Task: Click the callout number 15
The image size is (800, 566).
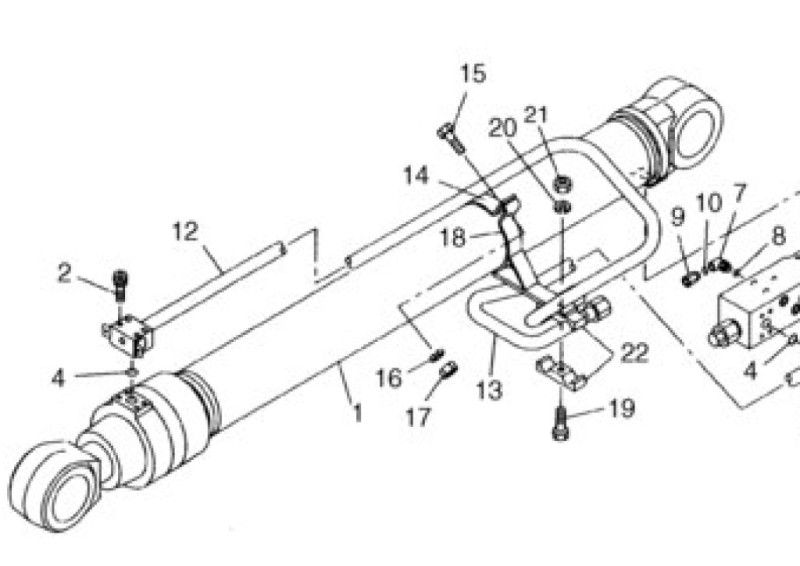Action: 473,73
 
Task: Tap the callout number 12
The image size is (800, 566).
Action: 185,232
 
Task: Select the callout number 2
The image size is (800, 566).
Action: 64,274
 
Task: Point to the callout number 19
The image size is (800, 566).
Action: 622,408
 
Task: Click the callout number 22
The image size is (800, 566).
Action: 634,353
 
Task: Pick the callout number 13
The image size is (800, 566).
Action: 489,390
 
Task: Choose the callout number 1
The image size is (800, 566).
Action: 358,412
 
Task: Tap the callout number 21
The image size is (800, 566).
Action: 536,115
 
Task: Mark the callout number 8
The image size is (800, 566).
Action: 778,236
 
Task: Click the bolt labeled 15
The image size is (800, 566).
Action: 451,139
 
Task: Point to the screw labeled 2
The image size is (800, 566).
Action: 120,285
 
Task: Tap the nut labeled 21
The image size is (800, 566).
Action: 562,183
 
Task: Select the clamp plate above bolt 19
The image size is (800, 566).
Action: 561,373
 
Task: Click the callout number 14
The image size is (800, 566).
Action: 416,176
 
